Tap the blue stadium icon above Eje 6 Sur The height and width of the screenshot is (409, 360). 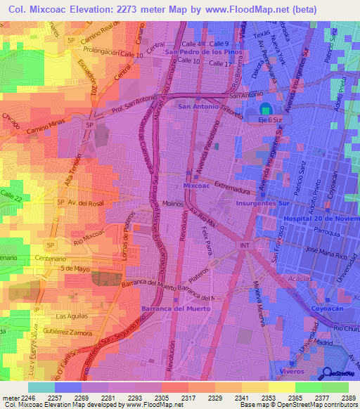[x=264, y=108]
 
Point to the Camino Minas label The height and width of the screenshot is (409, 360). [x=47, y=122]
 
